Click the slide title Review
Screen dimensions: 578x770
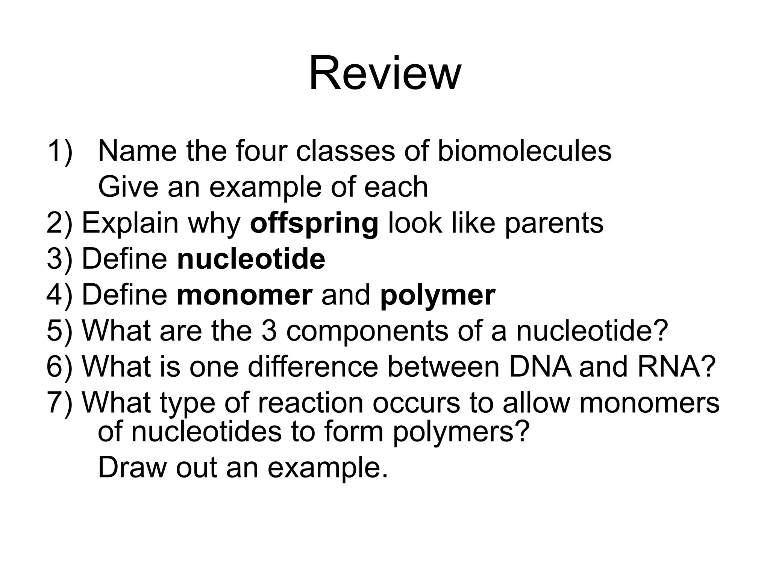pos(385,73)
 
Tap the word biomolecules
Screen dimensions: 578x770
pos(524,151)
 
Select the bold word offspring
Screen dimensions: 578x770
pos(314,224)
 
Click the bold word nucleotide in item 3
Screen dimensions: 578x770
pos(251,259)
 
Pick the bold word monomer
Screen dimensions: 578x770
pos(244,295)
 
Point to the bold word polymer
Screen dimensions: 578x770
pos(438,296)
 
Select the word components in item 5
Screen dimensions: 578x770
pos(367,332)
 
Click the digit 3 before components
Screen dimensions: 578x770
pos(269,331)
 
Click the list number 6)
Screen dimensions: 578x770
pos(59,367)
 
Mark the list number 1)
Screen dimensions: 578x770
pos(59,151)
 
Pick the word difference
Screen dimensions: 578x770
pos(313,367)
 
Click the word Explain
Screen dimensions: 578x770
pos(130,224)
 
